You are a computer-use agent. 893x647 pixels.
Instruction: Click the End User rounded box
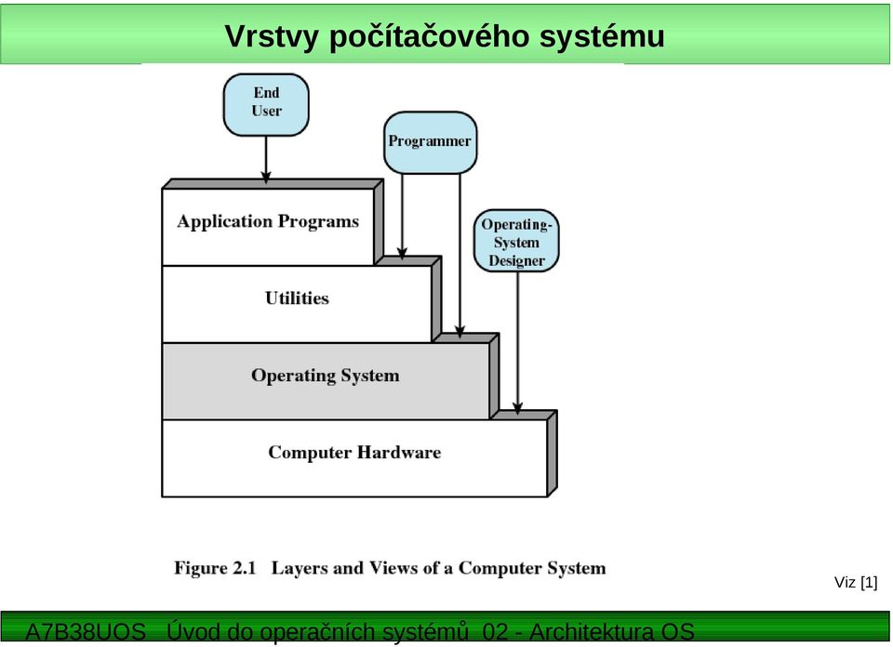click(266, 105)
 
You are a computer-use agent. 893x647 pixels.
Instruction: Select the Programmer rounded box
click(430, 142)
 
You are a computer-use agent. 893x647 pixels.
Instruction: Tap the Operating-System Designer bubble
click(516, 241)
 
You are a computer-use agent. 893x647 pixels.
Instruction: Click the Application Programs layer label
click(268, 221)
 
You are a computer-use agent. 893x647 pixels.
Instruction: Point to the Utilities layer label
click(297, 298)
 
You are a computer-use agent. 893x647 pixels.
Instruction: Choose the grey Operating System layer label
click(326, 376)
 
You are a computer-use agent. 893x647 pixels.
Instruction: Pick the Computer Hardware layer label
click(354, 453)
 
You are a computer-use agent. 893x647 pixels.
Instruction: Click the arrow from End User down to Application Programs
click(266, 160)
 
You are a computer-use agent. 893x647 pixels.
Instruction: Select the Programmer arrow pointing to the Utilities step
click(402, 217)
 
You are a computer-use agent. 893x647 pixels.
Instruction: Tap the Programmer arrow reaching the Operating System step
click(460, 256)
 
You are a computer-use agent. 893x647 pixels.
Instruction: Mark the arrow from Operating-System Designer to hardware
click(517, 343)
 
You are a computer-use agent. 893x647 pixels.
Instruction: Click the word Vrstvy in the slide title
click(271, 36)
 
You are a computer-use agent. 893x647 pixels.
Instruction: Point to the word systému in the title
click(602, 36)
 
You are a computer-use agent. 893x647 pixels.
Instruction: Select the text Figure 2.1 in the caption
click(215, 568)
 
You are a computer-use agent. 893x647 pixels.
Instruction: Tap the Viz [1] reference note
click(856, 582)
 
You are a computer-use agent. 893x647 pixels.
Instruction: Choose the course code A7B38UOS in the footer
click(86, 631)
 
